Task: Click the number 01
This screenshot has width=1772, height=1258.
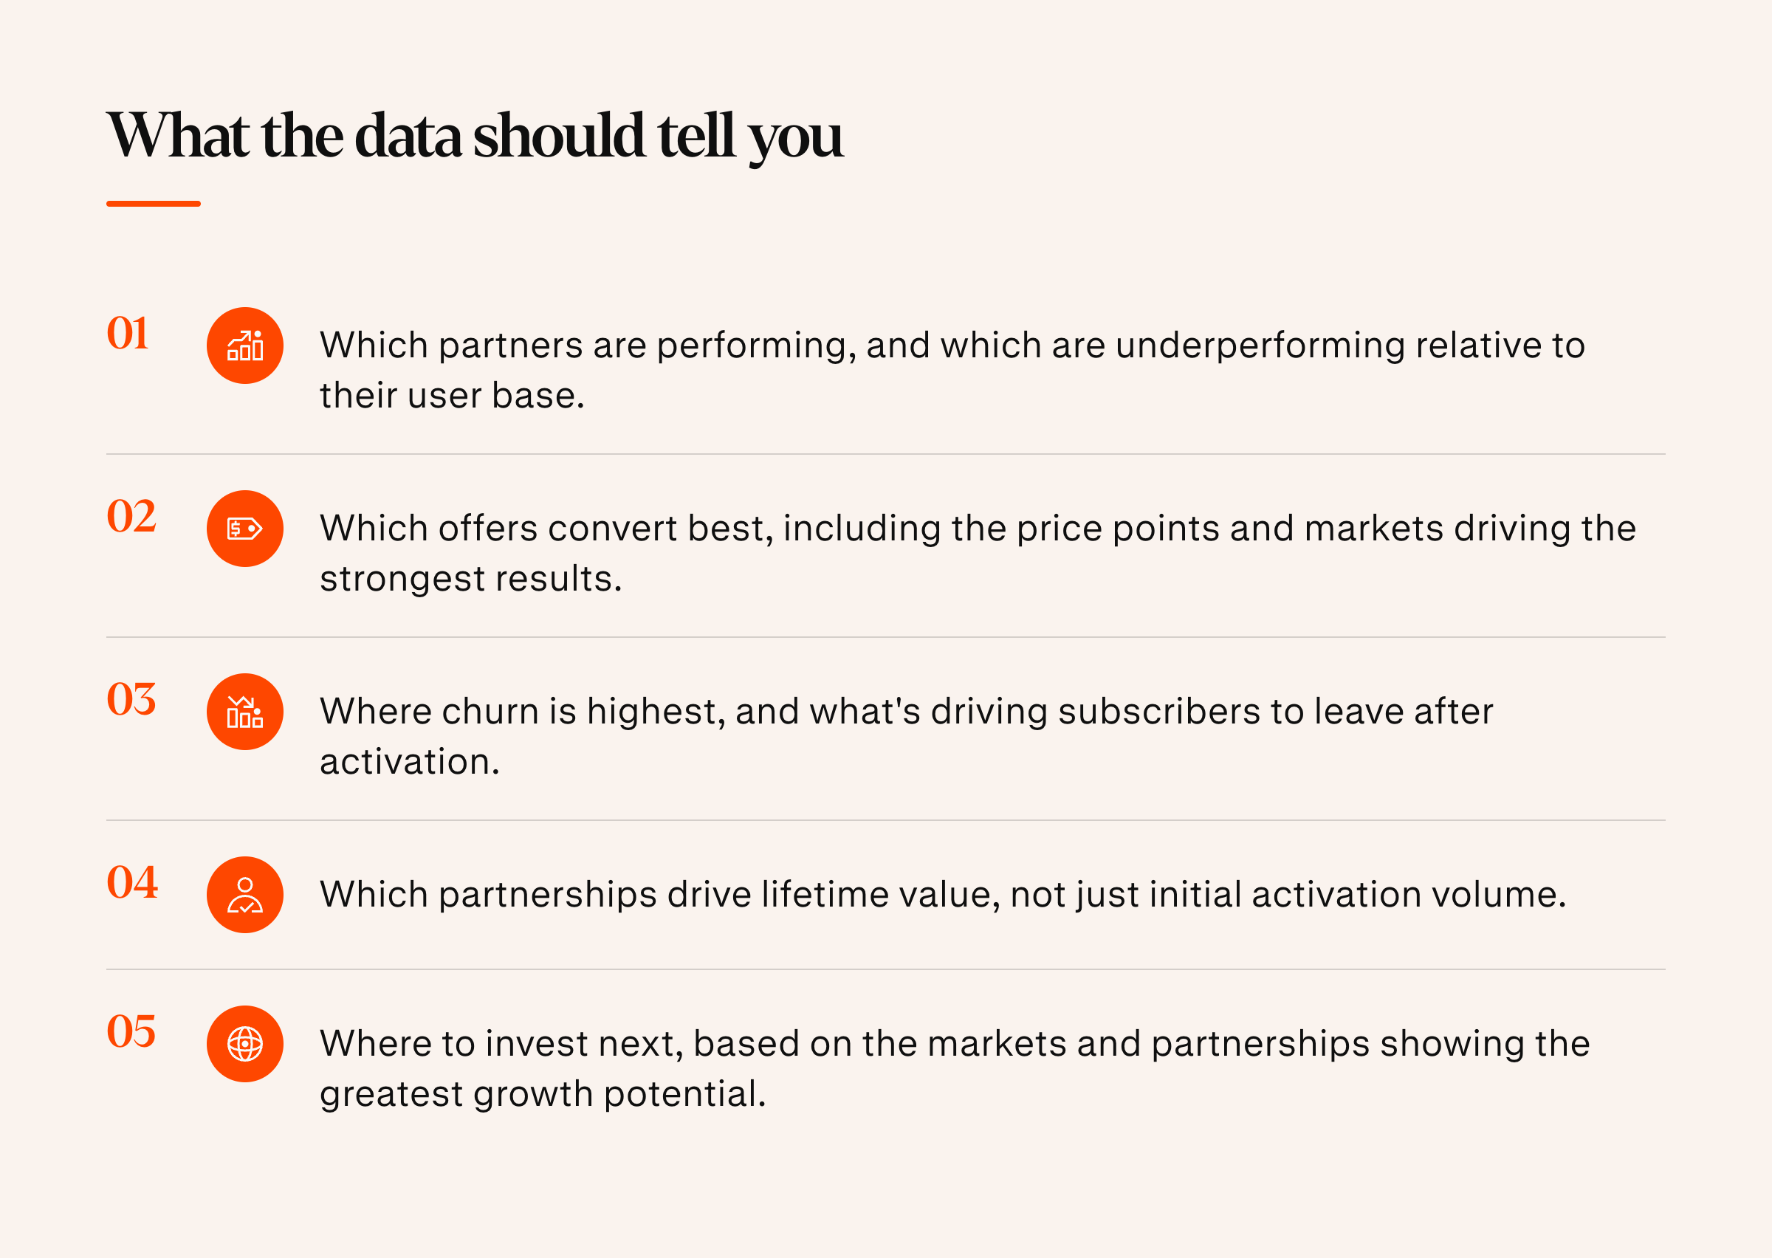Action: click(128, 334)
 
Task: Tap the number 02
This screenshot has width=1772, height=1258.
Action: click(131, 517)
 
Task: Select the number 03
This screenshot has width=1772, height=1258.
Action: click(131, 699)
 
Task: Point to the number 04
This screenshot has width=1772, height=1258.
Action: click(132, 882)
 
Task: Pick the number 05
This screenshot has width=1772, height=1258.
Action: click(131, 1032)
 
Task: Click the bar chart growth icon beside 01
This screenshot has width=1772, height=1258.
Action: click(244, 346)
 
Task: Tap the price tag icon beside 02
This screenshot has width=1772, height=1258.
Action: click(244, 529)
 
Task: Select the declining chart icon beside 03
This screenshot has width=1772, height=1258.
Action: click(244, 711)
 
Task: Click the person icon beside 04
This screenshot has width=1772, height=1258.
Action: click(244, 895)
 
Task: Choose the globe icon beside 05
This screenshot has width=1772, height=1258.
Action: click(244, 1043)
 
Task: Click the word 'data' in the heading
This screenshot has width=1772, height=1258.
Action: click(408, 137)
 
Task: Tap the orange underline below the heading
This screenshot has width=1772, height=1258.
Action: click(154, 204)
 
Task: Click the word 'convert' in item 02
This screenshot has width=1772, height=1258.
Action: click(612, 529)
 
